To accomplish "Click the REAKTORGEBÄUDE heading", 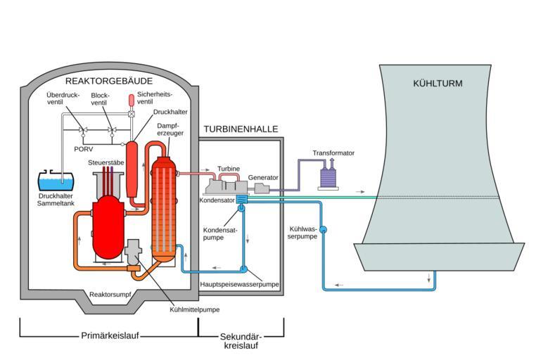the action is [109, 82].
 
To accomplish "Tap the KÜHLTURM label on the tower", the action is [438, 84].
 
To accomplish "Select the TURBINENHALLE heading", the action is [241, 129].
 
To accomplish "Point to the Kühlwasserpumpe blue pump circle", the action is [323, 230].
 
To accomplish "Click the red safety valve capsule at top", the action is [132, 101].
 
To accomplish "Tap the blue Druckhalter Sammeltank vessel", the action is [56, 180].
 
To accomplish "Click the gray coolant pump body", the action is [133, 252].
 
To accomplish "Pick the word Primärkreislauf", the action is [110, 335].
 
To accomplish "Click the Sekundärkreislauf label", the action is [241, 341].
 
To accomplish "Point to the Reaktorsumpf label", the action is [110, 295].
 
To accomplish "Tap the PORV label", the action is [84, 149].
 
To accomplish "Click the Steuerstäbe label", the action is [106, 162].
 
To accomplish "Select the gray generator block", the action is [262, 188].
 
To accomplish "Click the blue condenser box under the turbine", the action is [242, 199].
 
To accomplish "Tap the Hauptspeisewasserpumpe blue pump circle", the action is [243, 269].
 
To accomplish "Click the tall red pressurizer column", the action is [132, 169].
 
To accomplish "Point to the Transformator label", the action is [333, 153].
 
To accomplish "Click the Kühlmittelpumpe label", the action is [195, 310].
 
